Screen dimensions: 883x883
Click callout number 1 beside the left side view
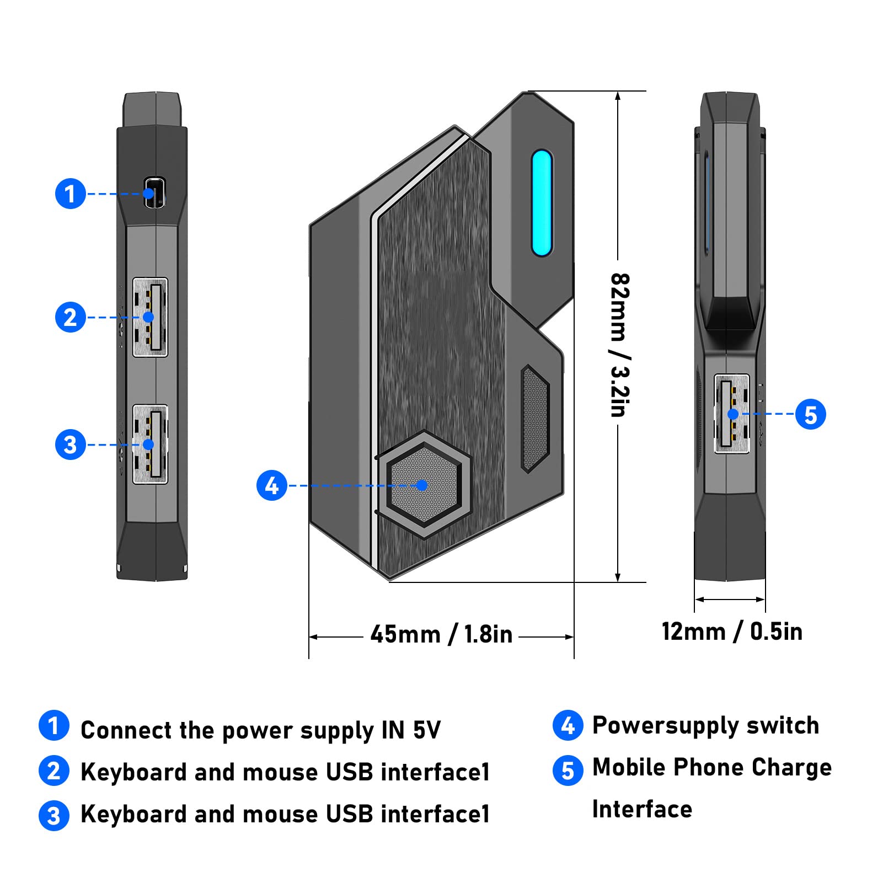[x=70, y=194]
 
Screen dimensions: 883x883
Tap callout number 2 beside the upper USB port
[x=70, y=317]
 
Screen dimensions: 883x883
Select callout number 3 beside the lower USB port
[x=70, y=445]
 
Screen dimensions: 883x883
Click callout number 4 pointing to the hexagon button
[x=272, y=485]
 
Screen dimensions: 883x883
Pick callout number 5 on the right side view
[x=810, y=414]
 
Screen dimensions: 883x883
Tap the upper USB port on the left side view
[x=151, y=318]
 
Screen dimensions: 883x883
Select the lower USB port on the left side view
[x=151, y=445]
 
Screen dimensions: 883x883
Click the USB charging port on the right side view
[x=731, y=414]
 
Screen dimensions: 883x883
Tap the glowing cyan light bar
[x=542, y=202]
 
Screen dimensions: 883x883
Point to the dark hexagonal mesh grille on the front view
[x=534, y=419]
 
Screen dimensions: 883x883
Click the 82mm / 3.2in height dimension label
[x=620, y=345]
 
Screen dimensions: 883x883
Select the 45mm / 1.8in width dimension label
[x=441, y=635]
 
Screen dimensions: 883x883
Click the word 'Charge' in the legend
[x=791, y=768]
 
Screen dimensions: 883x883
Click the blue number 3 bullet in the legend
[x=54, y=816]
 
